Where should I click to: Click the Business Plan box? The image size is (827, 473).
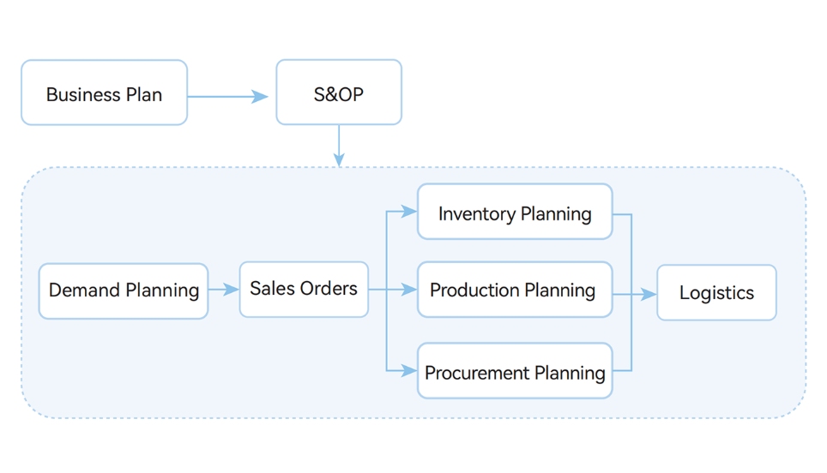(104, 93)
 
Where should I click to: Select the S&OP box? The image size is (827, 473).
(338, 93)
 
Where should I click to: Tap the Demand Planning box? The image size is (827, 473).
(124, 291)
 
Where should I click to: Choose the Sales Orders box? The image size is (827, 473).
(304, 290)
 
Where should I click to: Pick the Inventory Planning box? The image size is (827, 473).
(515, 212)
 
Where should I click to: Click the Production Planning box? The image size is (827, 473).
(515, 290)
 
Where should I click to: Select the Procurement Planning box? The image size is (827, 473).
(515, 371)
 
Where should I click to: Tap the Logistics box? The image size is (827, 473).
(716, 293)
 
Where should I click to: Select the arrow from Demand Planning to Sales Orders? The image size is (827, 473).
(223, 290)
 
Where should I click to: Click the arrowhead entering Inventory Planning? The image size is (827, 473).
(409, 211)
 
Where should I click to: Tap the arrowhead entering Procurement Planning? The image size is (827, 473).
(409, 370)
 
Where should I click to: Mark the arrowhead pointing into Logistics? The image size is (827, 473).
(649, 294)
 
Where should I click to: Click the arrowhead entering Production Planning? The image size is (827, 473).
(409, 290)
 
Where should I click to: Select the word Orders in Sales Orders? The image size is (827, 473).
(329, 289)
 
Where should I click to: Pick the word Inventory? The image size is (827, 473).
(475, 213)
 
